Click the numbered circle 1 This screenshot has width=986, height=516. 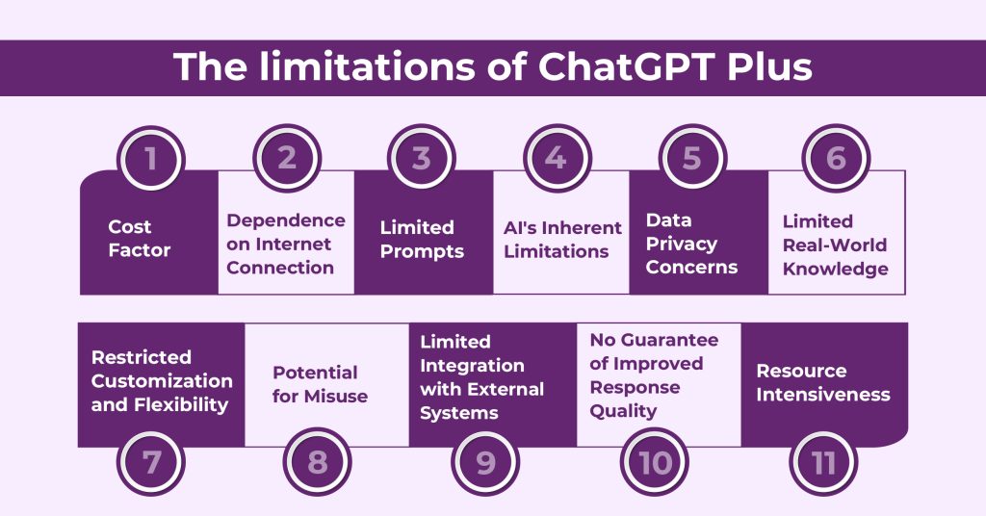coord(150,158)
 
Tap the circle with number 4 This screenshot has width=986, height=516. coord(556,158)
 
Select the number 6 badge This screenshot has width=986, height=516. coord(836,158)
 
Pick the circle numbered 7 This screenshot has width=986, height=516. coord(150,463)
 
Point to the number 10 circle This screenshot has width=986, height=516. coord(656,463)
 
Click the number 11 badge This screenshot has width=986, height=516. coord(824,463)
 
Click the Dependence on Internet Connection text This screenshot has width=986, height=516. coord(285,245)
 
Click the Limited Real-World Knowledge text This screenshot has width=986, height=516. coord(835,245)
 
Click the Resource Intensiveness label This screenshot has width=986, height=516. coord(823,382)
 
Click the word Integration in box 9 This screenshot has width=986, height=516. coord(472,366)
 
